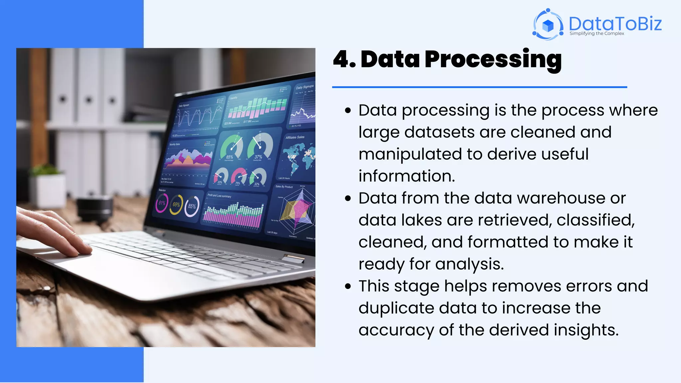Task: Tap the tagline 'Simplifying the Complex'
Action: point(597,34)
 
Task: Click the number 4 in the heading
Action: point(341,60)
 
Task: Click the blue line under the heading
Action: point(479,87)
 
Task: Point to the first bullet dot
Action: point(348,111)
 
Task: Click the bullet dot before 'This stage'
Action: point(348,286)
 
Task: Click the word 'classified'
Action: point(595,220)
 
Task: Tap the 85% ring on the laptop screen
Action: point(192,206)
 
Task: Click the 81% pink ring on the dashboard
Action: point(162,203)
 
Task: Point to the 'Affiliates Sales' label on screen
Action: point(295,137)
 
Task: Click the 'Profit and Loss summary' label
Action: point(219,196)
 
